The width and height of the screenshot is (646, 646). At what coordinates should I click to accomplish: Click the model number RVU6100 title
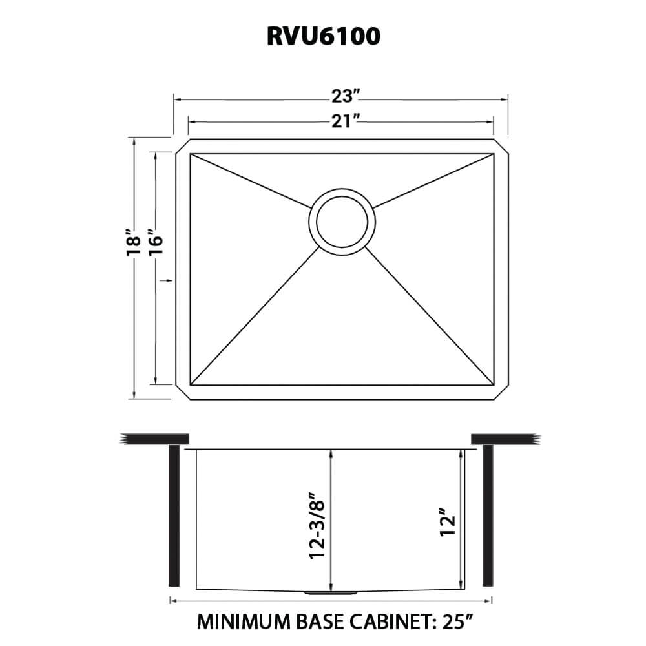[x=323, y=37]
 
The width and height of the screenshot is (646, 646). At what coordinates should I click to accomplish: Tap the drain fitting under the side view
[x=329, y=592]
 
